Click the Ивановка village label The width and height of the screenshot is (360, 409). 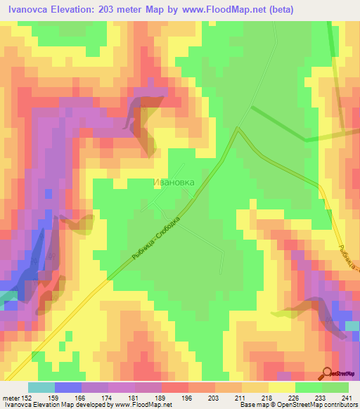[x=173, y=182]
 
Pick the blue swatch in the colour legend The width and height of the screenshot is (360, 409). [x=67, y=387]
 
